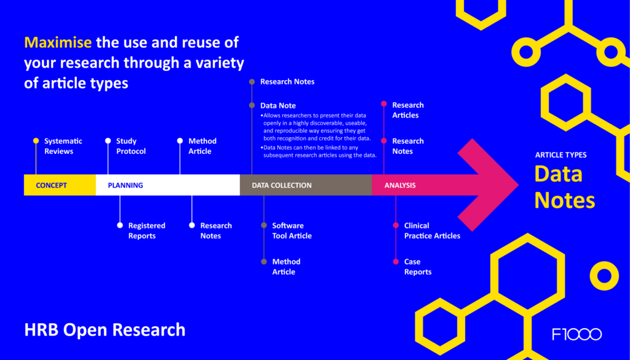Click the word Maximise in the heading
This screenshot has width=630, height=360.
58,42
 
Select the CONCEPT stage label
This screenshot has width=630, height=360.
52,185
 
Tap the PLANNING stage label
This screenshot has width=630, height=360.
126,185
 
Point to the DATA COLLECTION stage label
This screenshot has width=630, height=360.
282,185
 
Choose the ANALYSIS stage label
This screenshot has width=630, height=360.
400,185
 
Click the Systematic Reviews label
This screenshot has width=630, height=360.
63,146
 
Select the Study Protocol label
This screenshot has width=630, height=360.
131,146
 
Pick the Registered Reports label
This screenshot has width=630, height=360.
146,231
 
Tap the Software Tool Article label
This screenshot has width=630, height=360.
292,231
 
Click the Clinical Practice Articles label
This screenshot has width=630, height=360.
433,231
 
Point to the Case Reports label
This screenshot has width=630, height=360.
418,267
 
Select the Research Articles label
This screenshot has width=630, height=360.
408,110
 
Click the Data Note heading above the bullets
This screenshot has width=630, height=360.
278,106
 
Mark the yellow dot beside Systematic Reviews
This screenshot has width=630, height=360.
36,141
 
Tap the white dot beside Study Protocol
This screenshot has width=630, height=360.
108,141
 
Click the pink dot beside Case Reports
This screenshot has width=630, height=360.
396,262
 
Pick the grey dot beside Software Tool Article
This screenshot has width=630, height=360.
263,225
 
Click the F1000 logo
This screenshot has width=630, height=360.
577,334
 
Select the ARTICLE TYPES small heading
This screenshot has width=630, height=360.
561,155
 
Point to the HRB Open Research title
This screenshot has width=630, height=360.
105,330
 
